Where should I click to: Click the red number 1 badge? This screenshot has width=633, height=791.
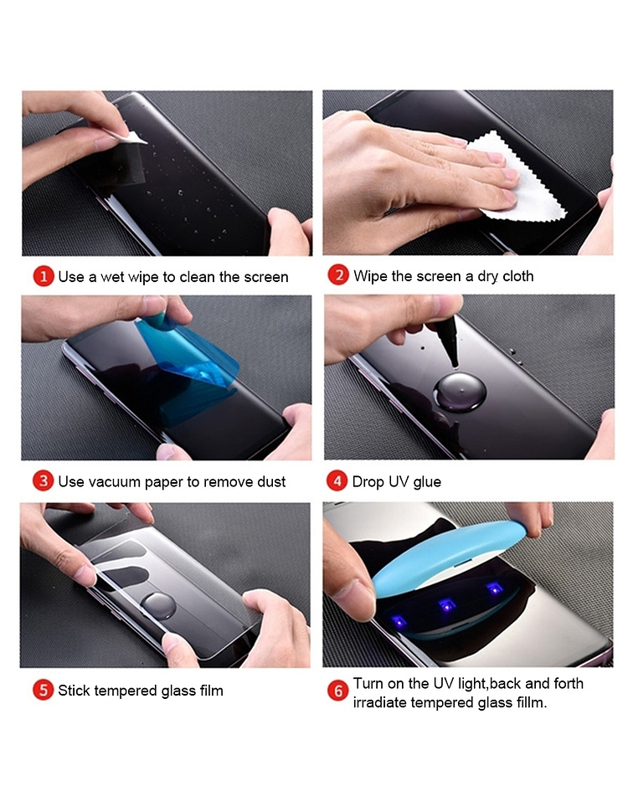(44, 276)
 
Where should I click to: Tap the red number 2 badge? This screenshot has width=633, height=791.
(338, 275)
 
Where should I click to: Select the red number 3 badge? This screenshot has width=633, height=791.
(43, 480)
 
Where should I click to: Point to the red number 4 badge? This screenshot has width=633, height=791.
(337, 480)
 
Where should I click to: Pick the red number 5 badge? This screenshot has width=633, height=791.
(43, 690)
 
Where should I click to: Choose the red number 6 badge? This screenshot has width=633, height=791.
(337, 691)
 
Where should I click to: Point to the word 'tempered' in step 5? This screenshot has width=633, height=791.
(126, 691)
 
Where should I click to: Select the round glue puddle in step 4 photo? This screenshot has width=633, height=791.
(460, 393)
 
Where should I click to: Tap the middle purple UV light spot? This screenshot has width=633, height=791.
(446, 605)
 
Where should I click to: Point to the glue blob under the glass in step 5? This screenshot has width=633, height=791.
(158, 606)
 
